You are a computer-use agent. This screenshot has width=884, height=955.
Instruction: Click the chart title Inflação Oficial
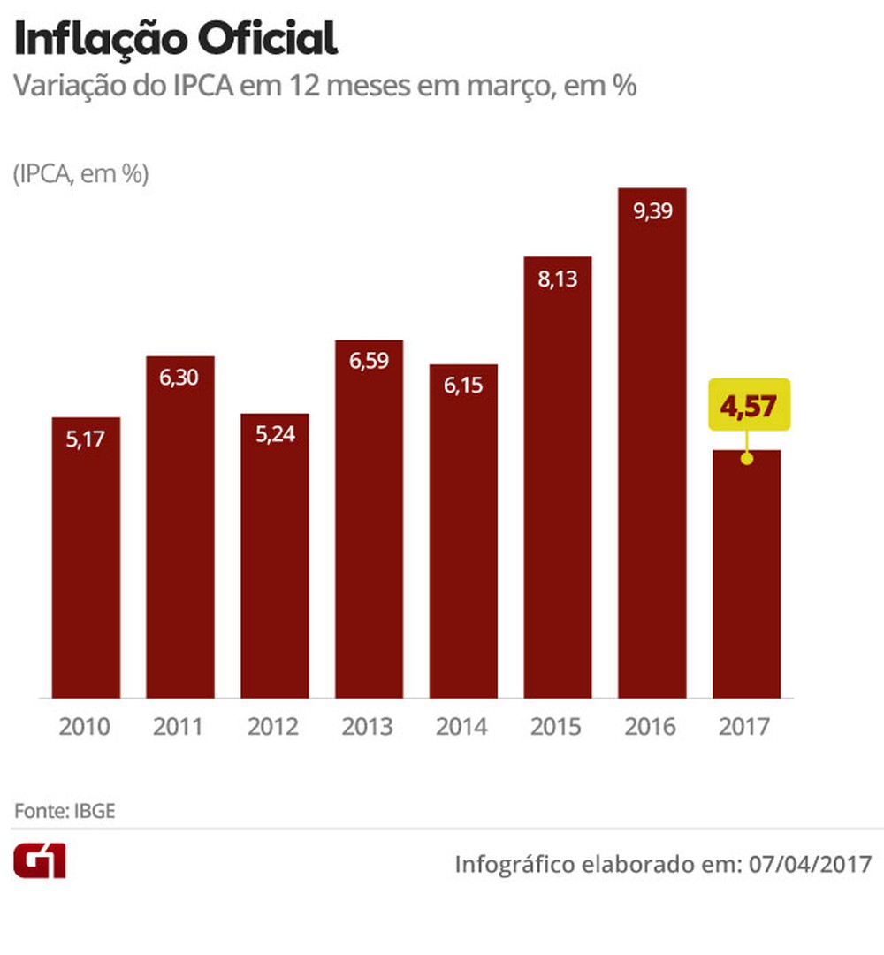click(175, 40)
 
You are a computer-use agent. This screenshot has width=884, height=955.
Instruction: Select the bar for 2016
click(652, 442)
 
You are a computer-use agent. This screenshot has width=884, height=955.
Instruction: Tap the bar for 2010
click(86, 557)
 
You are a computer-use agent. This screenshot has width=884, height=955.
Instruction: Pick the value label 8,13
click(557, 279)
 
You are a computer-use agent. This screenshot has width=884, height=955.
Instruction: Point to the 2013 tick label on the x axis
click(368, 727)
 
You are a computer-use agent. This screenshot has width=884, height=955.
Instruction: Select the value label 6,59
click(369, 361)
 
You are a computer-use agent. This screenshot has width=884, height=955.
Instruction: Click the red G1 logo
click(39, 860)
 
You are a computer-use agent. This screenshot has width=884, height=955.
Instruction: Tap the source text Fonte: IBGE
click(64, 811)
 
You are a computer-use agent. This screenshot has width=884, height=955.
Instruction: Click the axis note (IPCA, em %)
click(80, 175)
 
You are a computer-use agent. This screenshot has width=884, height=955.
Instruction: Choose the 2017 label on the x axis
click(745, 727)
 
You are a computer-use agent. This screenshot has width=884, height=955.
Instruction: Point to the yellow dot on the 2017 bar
click(746, 459)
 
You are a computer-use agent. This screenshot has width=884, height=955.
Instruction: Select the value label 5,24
click(274, 435)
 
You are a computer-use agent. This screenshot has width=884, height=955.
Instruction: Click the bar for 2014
click(463, 531)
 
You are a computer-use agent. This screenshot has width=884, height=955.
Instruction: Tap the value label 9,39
click(652, 211)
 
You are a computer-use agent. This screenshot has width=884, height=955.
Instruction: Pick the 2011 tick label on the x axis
click(179, 727)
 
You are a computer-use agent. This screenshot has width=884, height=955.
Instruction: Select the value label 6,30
click(179, 378)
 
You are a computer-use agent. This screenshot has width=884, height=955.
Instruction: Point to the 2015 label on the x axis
click(557, 727)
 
